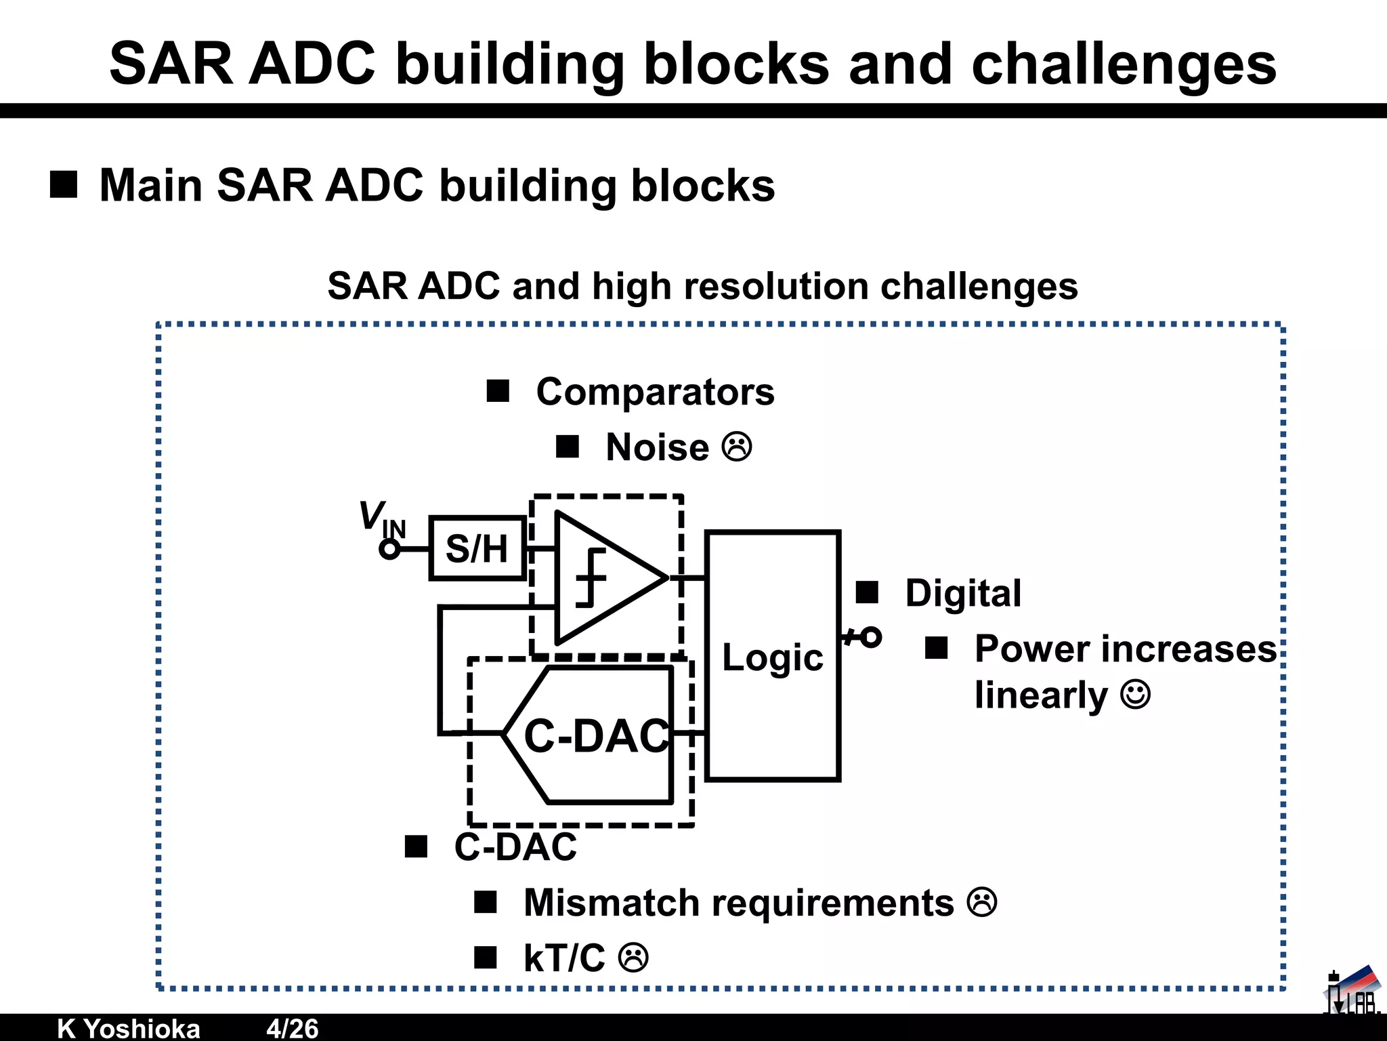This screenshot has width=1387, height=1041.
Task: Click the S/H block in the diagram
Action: tap(477, 548)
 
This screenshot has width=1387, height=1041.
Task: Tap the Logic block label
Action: tap(772, 657)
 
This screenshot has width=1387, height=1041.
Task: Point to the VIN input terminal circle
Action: tap(389, 549)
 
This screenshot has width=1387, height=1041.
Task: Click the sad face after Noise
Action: tap(737, 447)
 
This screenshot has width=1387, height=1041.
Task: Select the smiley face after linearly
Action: tap(1136, 695)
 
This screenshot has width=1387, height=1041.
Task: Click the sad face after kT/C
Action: tap(634, 958)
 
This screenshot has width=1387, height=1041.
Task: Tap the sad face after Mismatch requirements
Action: tap(981, 902)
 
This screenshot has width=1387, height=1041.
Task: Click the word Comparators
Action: tap(655, 392)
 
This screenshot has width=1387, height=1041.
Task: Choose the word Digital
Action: tap(963, 593)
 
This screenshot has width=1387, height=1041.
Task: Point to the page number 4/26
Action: tap(292, 1028)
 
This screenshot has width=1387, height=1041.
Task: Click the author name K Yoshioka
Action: tap(129, 1028)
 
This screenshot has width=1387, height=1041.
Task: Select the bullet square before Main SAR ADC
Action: tap(64, 185)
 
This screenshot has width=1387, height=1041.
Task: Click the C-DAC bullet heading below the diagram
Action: tap(515, 846)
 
